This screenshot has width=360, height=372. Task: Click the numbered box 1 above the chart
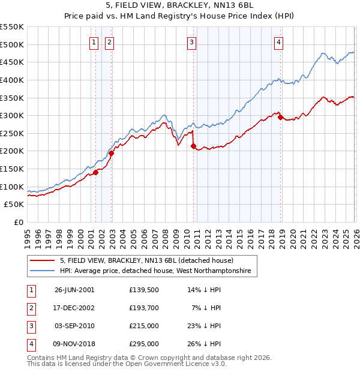pos(95,42)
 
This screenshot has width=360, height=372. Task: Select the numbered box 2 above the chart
pos(110,42)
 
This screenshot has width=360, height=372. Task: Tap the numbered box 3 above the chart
pos(191,42)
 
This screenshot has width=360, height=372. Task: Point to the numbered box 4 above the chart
pos(280,42)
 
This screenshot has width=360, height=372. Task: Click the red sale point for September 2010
pos(193,146)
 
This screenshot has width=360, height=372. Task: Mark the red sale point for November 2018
pos(280,117)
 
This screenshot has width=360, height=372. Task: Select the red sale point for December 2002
pos(111,153)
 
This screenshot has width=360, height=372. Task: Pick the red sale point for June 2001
pos(95,172)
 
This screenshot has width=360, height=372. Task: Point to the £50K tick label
pos(14,205)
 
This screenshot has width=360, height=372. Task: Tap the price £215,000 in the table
pos(144,327)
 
